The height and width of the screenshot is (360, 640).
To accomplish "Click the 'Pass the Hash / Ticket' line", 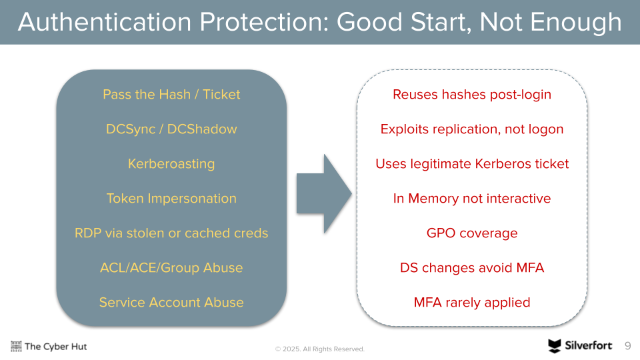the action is pyautogui.click(x=171, y=94).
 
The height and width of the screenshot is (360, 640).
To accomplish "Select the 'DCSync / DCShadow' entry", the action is pyautogui.click(x=171, y=129).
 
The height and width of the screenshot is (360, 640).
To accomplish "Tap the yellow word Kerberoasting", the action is pyautogui.click(x=171, y=164).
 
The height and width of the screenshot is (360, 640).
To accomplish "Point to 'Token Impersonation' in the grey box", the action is pyautogui.click(x=171, y=199).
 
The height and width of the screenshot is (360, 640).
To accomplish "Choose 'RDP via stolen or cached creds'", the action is pyautogui.click(x=171, y=233).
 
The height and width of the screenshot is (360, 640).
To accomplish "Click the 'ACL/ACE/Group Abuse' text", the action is pyautogui.click(x=171, y=268).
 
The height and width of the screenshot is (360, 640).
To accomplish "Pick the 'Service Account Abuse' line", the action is pyautogui.click(x=171, y=303).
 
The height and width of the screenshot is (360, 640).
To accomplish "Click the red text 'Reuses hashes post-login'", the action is pyautogui.click(x=472, y=94).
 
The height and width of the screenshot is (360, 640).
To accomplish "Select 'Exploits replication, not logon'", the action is pyautogui.click(x=472, y=129).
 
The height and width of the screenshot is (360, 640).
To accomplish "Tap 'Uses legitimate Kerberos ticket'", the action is pyautogui.click(x=472, y=164).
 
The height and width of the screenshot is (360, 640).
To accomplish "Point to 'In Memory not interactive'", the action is pyautogui.click(x=472, y=199).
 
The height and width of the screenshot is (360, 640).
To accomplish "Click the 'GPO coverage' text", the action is pyautogui.click(x=472, y=233).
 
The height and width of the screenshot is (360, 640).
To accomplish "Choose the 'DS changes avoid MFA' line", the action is pyautogui.click(x=472, y=268).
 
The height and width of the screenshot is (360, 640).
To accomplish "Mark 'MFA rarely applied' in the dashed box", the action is pyautogui.click(x=472, y=303).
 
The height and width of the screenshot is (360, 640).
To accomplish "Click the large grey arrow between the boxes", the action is pyautogui.click(x=324, y=193).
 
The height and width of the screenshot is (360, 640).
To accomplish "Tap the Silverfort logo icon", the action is pyautogui.click(x=554, y=346).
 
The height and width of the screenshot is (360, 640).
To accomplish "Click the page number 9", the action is pyautogui.click(x=628, y=346).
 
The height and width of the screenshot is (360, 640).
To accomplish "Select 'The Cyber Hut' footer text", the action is pyautogui.click(x=55, y=347).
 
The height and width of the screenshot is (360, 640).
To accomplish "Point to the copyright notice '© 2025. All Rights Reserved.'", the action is pyautogui.click(x=319, y=349).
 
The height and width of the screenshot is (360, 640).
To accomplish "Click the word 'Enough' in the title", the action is pyautogui.click(x=576, y=22).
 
